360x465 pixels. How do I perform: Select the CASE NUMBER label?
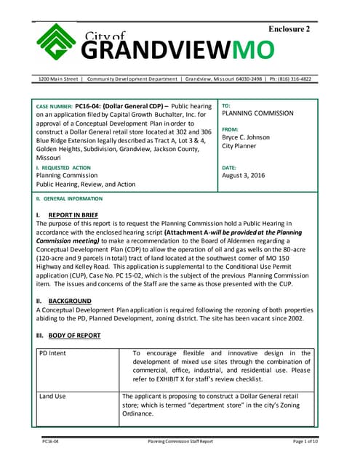click(53, 106)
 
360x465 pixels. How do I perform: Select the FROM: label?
click(231, 126)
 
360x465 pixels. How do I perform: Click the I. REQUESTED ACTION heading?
click(64, 168)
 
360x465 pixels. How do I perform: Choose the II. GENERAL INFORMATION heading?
click(69, 199)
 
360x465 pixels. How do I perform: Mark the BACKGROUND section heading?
click(70, 301)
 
